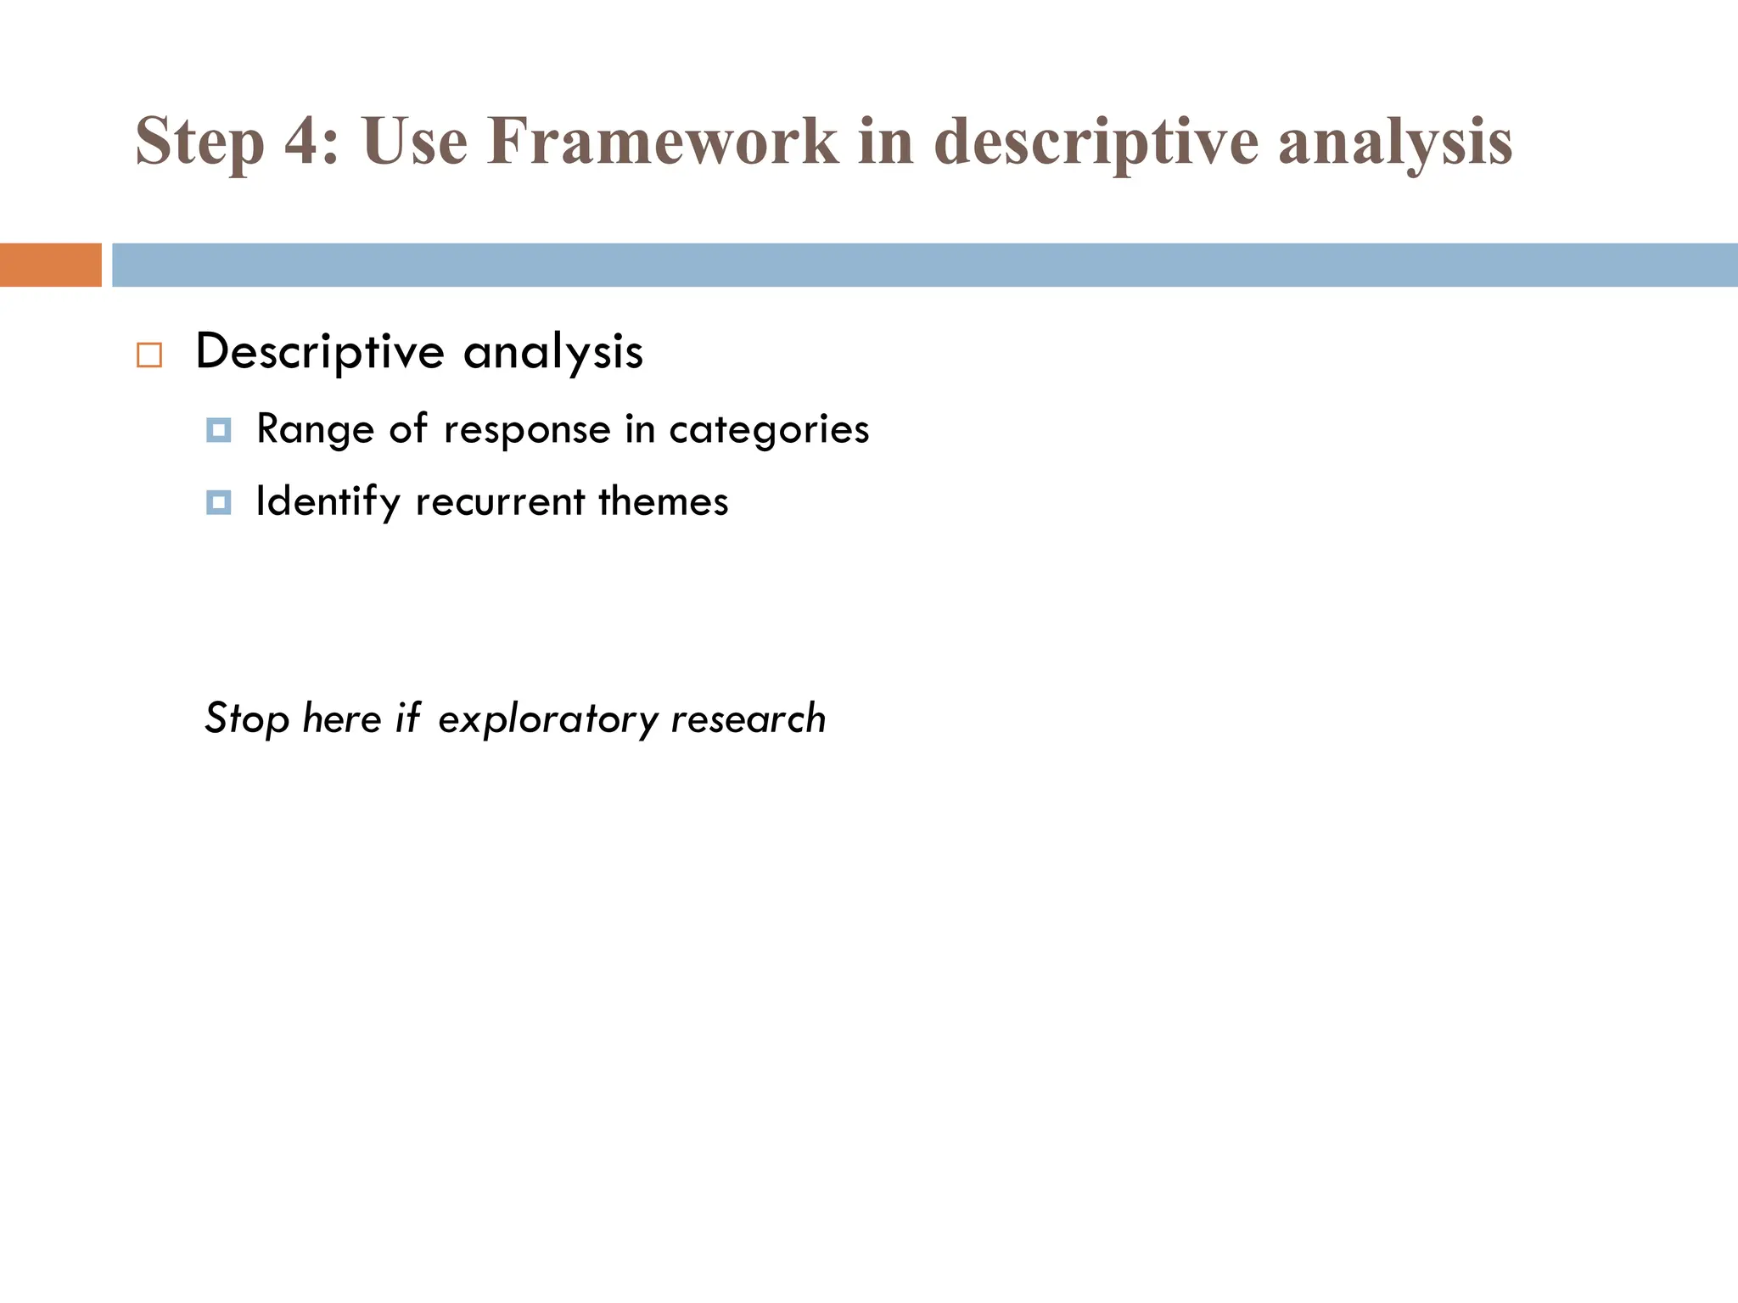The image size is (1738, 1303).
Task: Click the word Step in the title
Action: (x=199, y=143)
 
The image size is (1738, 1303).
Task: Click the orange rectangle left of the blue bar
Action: (x=50, y=265)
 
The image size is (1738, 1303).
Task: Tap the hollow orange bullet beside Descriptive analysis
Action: (x=149, y=355)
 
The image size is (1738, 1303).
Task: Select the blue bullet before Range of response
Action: (x=218, y=430)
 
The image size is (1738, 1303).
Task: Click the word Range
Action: (x=315, y=429)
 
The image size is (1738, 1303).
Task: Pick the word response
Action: (x=527, y=430)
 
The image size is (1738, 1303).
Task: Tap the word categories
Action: (x=769, y=430)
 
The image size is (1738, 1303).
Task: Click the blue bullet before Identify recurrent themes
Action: (x=218, y=502)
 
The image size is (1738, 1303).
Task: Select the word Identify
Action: (x=328, y=502)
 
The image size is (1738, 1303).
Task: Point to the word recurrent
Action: (x=500, y=502)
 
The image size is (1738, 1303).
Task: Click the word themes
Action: (x=663, y=501)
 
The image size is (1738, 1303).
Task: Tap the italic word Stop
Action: (x=247, y=719)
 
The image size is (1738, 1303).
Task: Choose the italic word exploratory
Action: (x=547, y=719)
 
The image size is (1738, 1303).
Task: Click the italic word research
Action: (x=748, y=719)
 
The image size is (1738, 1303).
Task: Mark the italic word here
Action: (x=342, y=719)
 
